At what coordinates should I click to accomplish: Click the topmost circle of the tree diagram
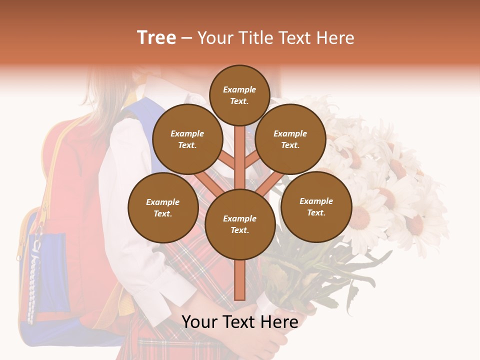pos(239,95)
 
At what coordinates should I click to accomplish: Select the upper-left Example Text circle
pos(187,139)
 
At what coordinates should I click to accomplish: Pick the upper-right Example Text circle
pos(290,139)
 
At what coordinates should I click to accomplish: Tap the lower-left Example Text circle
pos(163,207)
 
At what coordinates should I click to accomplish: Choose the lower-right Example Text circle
pos(316,206)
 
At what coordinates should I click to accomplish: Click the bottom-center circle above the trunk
pos(239,224)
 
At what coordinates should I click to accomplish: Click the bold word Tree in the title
pos(156,37)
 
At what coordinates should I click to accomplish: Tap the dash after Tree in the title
pos(187,38)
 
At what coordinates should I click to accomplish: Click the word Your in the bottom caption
pos(198,321)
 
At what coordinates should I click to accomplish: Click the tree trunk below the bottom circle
pos(239,280)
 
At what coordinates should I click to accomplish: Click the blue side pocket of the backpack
pos(45,270)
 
